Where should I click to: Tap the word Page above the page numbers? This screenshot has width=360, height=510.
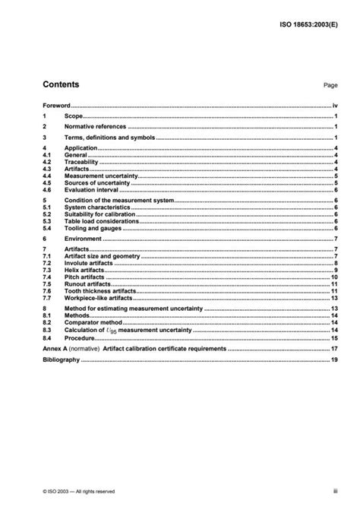[330, 87]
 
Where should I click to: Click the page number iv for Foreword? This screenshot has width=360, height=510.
[335, 106]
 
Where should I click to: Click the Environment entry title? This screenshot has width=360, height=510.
[85, 238]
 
